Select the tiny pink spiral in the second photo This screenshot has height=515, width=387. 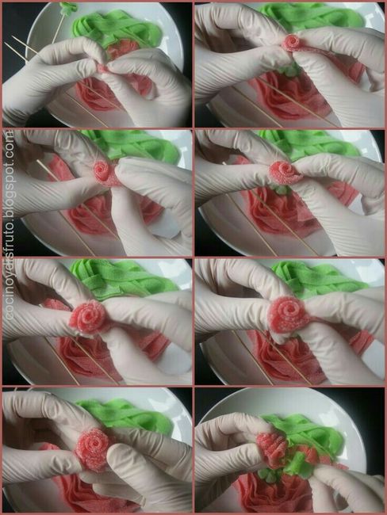pyautogui.click(x=292, y=43)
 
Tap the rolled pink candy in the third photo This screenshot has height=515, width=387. pyautogui.click(x=105, y=172)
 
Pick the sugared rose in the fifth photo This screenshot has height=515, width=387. pyautogui.click(x=89, y=317)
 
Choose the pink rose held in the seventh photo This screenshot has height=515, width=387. pyautogui.click(x=93, y=448)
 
